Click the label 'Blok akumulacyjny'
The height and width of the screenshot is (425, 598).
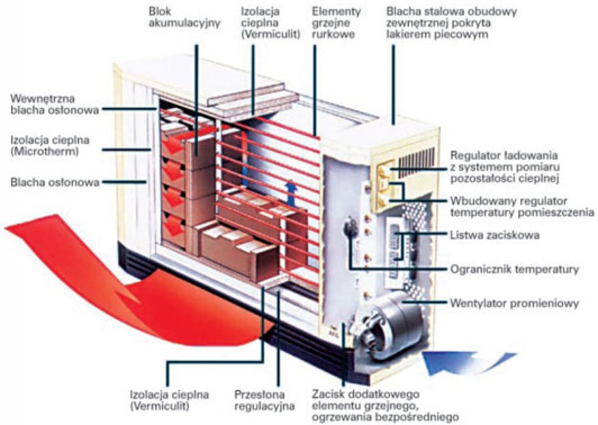[185, 17]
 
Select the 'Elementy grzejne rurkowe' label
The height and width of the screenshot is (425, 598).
[335, 23]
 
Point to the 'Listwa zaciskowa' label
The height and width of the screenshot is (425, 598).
[495, 235]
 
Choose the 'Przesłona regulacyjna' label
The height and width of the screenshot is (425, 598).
[259, 401]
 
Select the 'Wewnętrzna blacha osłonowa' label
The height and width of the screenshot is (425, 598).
[54, 104]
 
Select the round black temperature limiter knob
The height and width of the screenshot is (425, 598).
[350, 228]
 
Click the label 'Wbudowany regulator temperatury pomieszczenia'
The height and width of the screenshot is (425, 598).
[522, 205]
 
